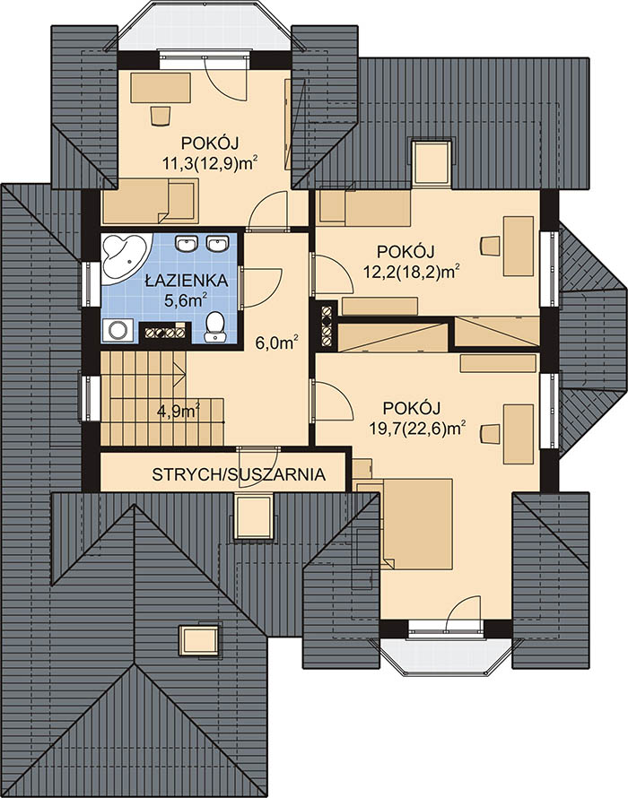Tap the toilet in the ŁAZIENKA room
pos(215,326)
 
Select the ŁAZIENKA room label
pos(186,281)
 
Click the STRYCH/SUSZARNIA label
pos(239,474)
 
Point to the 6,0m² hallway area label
pos(276,343)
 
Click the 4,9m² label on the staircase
pos(178,410)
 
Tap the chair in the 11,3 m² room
pos(161,115)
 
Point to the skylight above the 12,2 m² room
pos(432,160)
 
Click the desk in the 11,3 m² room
pos(161,88)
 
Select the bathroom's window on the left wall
pos(91,285)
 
